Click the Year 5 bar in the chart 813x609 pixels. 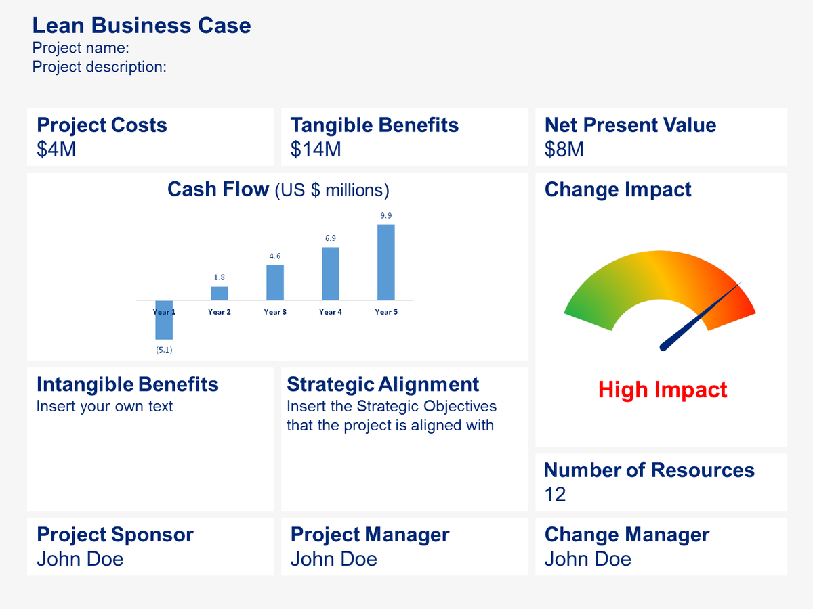[385, 262]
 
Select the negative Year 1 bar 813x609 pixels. [164, 320]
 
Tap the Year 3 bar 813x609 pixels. [275, 282]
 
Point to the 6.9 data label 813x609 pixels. [331, 238]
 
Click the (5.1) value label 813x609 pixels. [164, 350]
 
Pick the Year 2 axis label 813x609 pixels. [220, 312]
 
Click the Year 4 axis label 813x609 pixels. [331, 312]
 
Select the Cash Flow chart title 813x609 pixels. [278, 189]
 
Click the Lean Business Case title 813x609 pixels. [142, 26]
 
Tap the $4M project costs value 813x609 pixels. [56, 149]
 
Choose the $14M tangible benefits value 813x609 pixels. [316, 149]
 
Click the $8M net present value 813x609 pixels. [564, 149]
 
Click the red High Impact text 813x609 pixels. [663, 390]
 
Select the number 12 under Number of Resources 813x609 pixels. [555, 494]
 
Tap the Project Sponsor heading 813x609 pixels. [115, 535]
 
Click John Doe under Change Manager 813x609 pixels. [587, 559]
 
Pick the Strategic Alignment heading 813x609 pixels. [383, 384]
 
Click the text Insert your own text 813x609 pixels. [104, 407]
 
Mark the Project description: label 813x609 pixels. [99, 67]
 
